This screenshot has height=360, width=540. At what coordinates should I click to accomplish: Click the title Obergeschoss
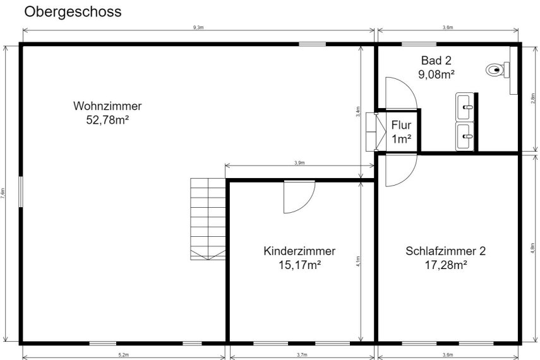pos(73,11)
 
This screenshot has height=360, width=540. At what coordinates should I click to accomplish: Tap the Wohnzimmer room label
pos(107,105)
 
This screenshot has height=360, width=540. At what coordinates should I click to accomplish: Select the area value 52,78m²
pos(107,119)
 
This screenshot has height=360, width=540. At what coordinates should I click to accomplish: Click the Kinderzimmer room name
pos(299,251)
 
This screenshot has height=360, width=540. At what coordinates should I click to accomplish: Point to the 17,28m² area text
pos(445,265)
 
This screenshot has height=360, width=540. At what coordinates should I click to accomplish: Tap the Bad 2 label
pos(436,61)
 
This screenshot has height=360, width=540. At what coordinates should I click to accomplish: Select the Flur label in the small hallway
pos(401,124)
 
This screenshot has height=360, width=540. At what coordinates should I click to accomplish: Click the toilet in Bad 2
pos(498,70)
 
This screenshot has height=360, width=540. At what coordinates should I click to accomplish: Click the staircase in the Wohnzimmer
pos(208,219)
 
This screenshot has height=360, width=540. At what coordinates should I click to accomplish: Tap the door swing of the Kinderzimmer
pos(298,197)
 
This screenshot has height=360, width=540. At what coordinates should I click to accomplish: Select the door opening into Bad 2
pos(400,93)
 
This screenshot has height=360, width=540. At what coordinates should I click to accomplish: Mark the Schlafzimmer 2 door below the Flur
pos(400,169)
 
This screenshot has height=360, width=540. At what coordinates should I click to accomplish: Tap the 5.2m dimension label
pos(124,356)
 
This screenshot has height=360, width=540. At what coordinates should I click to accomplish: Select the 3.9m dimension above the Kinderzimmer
pos(299,163)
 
